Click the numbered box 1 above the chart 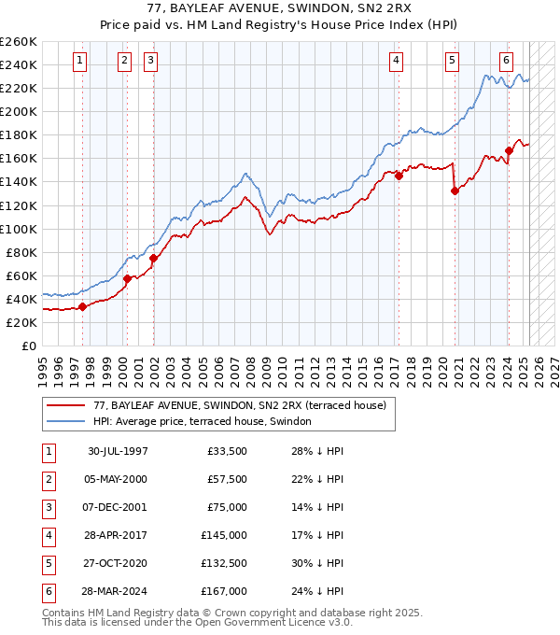click(80, 62)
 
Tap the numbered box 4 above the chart click(397, 62)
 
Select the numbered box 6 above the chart click(506, 62)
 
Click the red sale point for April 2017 click(399, 176)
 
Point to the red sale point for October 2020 click(455, 190)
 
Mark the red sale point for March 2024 click(510, 150)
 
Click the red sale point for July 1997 click(82, 306)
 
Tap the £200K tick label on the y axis click(19, 111)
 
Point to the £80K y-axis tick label click(21, 252)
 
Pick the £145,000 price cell click(224, 535)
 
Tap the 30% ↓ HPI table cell click(318, 563)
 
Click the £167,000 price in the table click(224, 591)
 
